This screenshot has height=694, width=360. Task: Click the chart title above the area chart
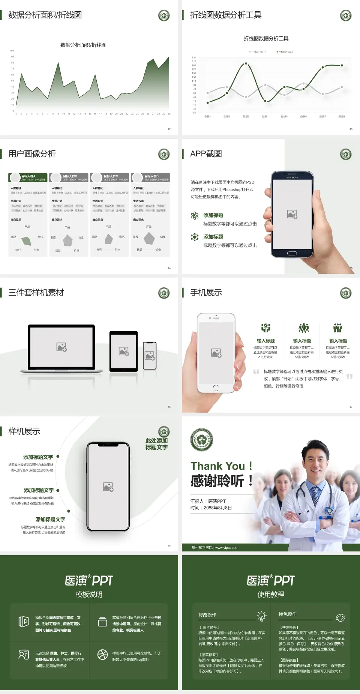point(83,45)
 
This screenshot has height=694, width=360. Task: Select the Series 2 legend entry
point(286,52)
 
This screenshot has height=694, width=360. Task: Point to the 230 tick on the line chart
point(194,57)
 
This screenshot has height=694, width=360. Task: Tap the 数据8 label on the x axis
point(342,117)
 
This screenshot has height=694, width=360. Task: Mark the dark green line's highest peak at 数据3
point(246,63)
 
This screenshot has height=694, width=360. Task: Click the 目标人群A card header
point(28,177)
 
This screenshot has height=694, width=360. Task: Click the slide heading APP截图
point(206,154)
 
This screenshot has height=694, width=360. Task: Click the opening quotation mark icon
point(256,372)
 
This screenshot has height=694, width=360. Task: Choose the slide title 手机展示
point(206,293)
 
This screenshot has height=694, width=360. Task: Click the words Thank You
point(217,466)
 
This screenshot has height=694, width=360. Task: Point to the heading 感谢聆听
point(217,481)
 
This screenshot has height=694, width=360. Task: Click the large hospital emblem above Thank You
point(202,439)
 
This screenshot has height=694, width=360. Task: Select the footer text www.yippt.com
point(226,548)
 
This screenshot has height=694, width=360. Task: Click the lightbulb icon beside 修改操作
point(261,616)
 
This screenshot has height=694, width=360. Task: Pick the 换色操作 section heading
point(288,614)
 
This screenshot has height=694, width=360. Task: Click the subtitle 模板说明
point(89,595)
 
